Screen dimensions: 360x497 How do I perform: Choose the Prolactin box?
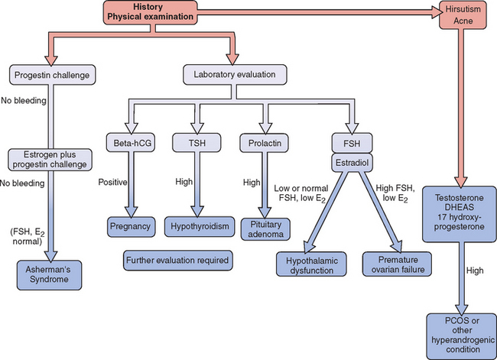(264, 141)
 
